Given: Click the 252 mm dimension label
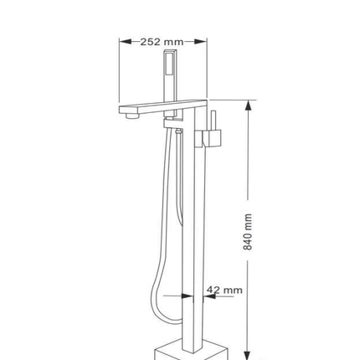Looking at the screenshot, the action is click(x=162, y=42).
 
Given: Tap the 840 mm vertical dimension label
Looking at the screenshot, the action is click(x=248, y=232).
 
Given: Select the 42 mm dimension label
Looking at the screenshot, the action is click(x=224, y=291).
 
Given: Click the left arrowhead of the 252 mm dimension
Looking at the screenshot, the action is click(x=126, y=42).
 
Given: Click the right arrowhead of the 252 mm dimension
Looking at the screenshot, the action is click(x=201, y=42).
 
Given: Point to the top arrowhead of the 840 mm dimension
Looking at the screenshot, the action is click(x=248, y=106).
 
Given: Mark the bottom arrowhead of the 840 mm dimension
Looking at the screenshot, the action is click(x=248, y=352).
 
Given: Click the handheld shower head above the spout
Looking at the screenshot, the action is click(x=170, y=83).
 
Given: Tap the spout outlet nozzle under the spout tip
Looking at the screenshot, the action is click(x=132, y=116).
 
